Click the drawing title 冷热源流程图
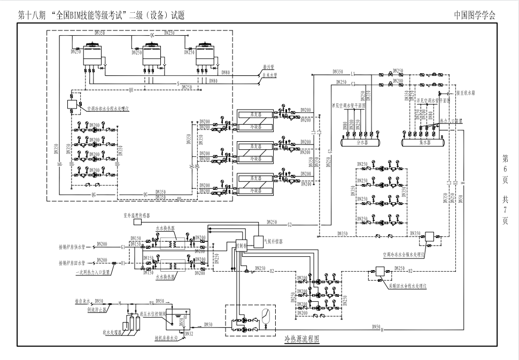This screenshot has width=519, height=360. pos(302,339)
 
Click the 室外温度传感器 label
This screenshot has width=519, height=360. pos(137,215)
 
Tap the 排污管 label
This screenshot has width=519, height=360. pos(268,68)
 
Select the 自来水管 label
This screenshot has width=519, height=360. pos(270,75)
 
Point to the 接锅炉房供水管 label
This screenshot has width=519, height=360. pos(72,247)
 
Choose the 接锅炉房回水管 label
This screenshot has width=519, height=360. pos(72,263)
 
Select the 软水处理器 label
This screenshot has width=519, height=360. pos(112,332)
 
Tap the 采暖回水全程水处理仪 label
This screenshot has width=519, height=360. pos(407,287)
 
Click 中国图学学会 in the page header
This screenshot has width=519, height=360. pos(475,15)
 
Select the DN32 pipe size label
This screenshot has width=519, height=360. pos(188,334)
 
